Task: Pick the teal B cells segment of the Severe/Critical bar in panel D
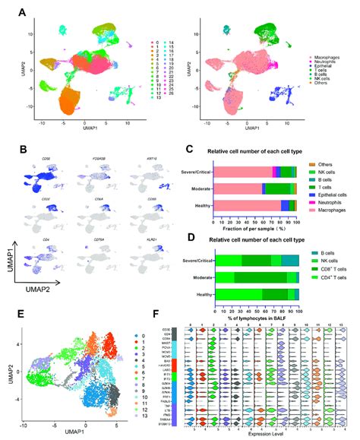[292, 260]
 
